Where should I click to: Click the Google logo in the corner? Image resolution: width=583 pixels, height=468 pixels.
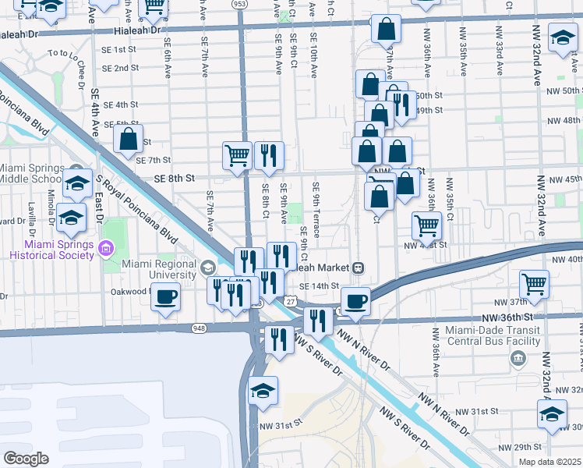(x=26, y=458)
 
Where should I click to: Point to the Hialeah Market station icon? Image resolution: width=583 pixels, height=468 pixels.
(x=359, y=268)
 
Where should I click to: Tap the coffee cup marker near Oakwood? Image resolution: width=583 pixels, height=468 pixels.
(x=165, y=297)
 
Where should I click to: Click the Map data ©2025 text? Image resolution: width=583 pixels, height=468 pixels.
(x=549, y=462)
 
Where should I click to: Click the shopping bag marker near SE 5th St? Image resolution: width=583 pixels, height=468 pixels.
(x=129, y=140)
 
